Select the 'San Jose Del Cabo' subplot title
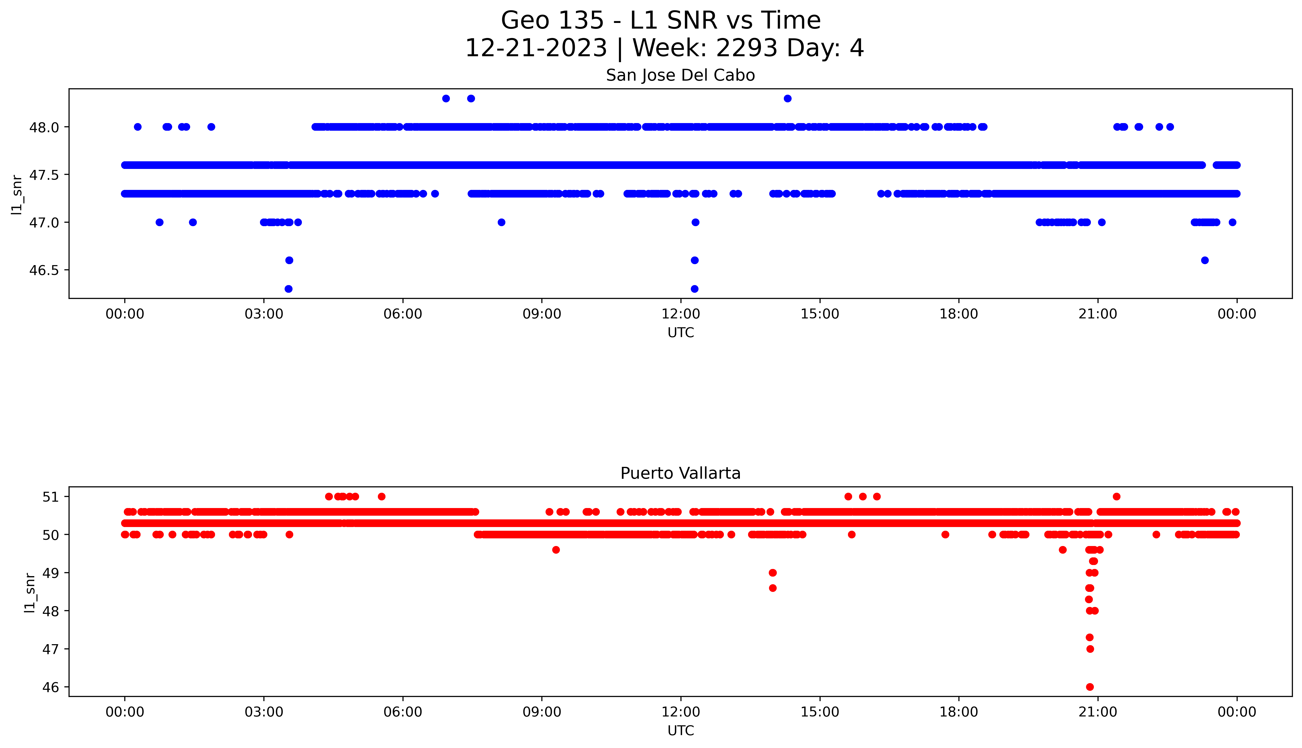(x=680, y=75)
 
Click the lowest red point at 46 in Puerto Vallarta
(x=1090, y=687)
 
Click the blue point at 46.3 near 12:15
(x=694, y=289)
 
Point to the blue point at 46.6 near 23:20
(x=1205, y=260)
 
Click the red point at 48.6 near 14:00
(x=772, y=588)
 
